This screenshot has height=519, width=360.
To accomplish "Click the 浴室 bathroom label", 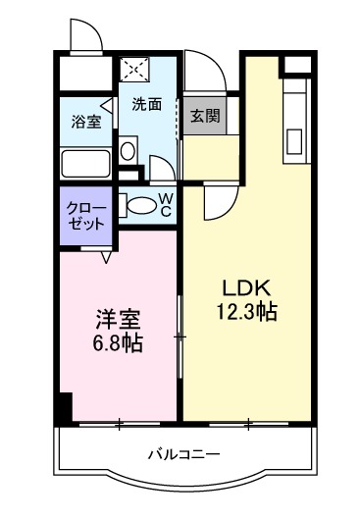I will tap(85, 122).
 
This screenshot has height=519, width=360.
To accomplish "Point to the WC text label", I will tap(166, 204).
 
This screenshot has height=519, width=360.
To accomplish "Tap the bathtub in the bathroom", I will tap(85, 162).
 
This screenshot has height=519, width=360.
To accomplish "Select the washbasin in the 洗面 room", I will tap(128, 153).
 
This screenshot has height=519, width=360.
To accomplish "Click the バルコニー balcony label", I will tap(183, 453).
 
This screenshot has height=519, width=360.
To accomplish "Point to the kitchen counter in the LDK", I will tap(295, 123).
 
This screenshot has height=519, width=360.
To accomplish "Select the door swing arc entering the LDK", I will tap(216, 203).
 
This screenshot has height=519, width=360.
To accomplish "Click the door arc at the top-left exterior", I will tap(86, 34).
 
